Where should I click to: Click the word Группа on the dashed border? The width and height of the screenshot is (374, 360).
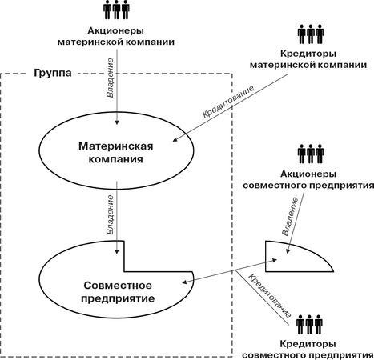tap(53, 73)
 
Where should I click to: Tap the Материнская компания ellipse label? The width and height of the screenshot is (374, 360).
tap(116, 153)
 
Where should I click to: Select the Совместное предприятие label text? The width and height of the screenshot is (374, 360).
tap(118, 292)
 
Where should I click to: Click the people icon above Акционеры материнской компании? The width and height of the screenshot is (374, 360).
tap(116, 10)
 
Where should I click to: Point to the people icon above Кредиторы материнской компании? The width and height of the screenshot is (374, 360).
tap(311, 34)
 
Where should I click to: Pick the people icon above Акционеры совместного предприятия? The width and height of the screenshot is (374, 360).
tap(311, 154)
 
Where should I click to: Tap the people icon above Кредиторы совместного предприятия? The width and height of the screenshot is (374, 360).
tap(309, 324)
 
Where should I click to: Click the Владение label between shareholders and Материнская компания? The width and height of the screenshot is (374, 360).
tap(110, 78)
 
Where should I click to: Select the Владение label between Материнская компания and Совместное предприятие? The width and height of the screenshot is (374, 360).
tap(110, 215)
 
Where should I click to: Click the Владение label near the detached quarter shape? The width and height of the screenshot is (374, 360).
tap(290, 217)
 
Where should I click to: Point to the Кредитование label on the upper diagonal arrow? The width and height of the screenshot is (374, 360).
tap(228, 102)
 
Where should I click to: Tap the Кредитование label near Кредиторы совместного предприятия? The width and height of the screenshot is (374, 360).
tap(270, 296)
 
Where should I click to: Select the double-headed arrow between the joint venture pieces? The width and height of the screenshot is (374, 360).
tap(230, 270)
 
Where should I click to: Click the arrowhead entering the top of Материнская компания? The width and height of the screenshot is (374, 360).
tap(117, 122)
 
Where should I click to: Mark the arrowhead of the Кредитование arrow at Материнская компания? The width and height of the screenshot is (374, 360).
tap(175, 139)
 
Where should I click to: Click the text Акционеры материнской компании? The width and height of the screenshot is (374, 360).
tap(116, 36)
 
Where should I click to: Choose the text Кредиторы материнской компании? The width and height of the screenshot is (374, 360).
tap(308, 59)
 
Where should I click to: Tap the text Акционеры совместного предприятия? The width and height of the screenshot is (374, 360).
tap(308, 179)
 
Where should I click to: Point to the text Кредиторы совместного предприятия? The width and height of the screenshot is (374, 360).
tap(308, 350)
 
